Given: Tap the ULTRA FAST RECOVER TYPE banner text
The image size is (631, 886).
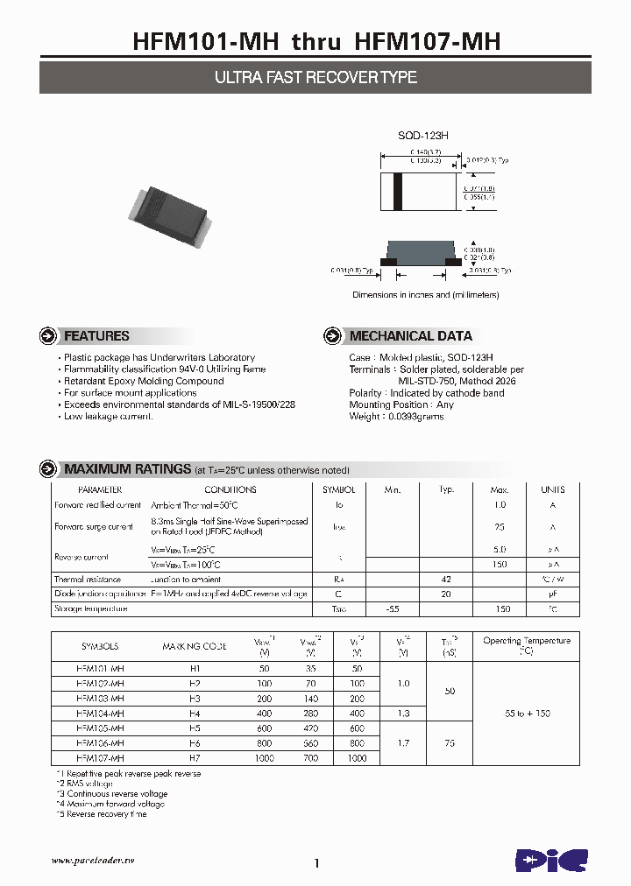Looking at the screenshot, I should pos(315,78).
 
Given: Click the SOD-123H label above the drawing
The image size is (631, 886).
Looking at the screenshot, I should pos(424,136).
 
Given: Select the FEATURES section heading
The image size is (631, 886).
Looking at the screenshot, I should pos(96,336).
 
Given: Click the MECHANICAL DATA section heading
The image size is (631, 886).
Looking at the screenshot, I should pos(410,336).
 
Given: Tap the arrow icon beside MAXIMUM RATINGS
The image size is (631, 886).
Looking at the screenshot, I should pos(49,469).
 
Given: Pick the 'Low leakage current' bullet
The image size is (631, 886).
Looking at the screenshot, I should pos(109,417).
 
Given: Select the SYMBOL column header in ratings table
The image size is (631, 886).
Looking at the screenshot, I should pos(339,490).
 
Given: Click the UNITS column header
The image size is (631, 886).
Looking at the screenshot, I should pos(553,490).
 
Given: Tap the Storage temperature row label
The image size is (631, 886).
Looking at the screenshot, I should pos(91,608).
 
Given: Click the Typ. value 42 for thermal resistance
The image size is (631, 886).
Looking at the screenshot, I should pos(446,580).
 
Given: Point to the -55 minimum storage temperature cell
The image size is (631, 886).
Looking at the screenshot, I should pos(393,608).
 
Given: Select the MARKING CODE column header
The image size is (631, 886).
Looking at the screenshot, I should pos(195,646).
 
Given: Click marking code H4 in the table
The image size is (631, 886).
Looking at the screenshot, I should pos(195,714).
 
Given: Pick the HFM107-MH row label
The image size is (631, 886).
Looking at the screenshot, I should pos(100,758).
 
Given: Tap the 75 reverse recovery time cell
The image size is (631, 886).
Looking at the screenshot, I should pos(450,743).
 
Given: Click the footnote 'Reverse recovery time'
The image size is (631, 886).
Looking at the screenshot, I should pos(103,814).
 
